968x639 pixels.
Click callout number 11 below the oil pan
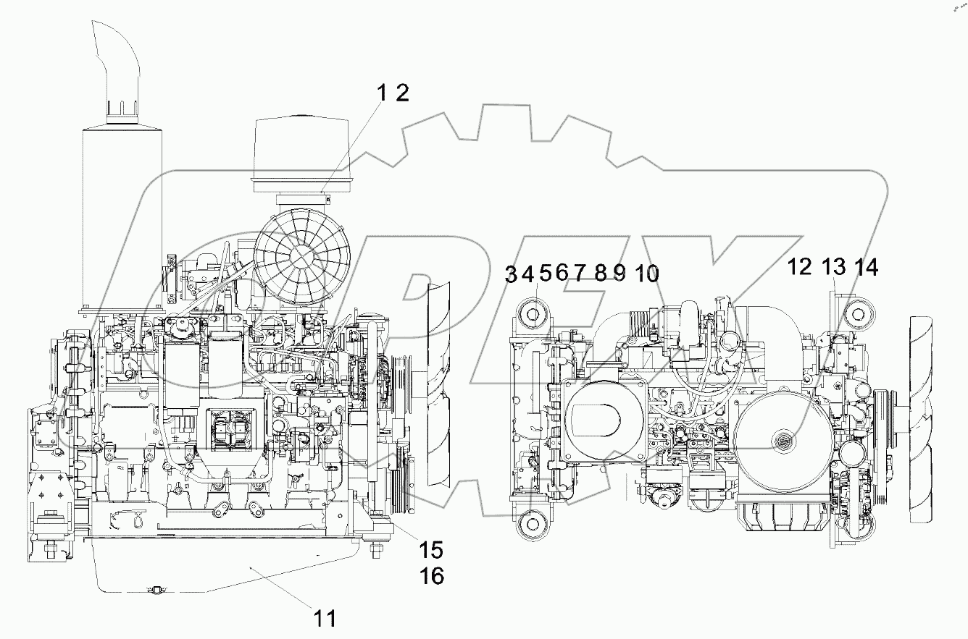point(324,618)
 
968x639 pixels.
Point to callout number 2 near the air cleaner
point(402,93)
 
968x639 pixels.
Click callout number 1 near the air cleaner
point(382,93)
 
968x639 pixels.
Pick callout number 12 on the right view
point(801,268)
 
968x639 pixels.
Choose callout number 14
point(865,268)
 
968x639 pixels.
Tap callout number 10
point(646,274)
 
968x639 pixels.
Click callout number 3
point(512,274)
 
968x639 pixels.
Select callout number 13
point(833,268)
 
